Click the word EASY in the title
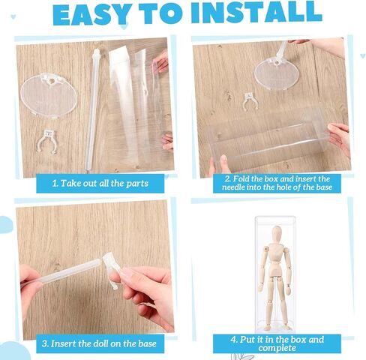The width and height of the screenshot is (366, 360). [x=91, y=14]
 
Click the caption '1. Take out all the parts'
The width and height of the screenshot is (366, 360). [x=100, y=183]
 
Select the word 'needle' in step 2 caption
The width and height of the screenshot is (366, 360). [x=233, y=187]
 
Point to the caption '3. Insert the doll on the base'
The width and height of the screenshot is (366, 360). [x=99, y=343]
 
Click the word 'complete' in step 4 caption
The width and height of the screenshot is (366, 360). [x=277, y=348]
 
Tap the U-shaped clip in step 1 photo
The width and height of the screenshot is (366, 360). [x=48, y=141]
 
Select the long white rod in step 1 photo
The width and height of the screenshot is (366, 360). [x=91, y=110]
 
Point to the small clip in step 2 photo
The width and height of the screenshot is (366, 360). [x=250, y=101]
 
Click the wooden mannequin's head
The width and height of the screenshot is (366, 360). [x=277, y=233]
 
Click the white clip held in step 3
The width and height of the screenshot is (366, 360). [x=111, y=268]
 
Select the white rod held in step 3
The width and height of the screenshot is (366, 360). [x=62, y=274]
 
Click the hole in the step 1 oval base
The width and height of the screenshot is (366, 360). [x=51, y=81]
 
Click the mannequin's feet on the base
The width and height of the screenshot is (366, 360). [x=276, y=327]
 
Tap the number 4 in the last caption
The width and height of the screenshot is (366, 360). [x=233, y=340]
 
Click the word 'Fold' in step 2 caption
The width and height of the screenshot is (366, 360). [x=241, y=179]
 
